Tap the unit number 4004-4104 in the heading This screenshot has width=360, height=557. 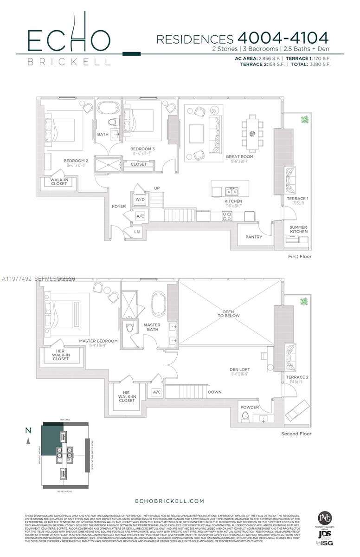tap(283, 38)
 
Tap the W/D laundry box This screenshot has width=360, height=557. tap(140, 200)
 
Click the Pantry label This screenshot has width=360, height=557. tap(254, 237)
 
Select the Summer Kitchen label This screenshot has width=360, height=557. tap(299, 229)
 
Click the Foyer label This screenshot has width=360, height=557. tap(119, 206)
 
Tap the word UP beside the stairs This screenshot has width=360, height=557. tap(157, 188)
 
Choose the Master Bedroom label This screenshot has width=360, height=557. tap(98, 341)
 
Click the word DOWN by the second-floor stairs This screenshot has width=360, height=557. tap(215, 392)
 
